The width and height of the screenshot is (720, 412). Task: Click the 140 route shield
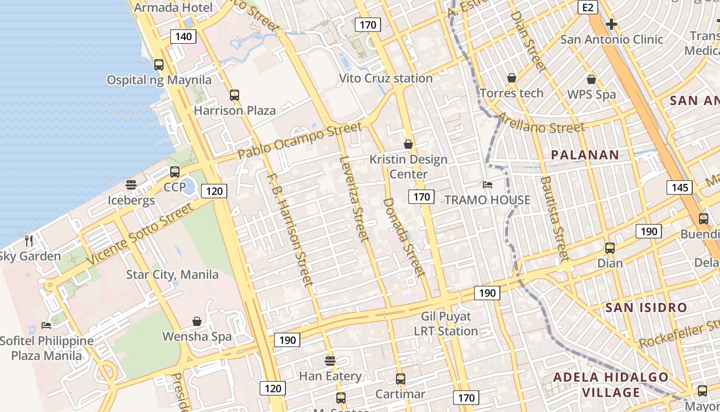pyautogui.click(x=183, y=36)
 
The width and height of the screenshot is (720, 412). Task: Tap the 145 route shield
pyautogui.click(x=679, y=187)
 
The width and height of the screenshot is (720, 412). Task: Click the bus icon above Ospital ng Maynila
pyautogui.click(x=159, y=65)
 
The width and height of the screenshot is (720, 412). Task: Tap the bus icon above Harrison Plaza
pyautogui.click(x=235, y=95)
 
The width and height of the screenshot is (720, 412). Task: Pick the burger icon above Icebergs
pyautogui.click(x=131, y=185)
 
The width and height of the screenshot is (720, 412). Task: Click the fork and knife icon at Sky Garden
pyautogui.click(x=29, y=241)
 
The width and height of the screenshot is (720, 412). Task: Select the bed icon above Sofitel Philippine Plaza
pyautogui.click(x=46, y=325)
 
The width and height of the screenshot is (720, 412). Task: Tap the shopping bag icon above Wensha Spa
pyautogui.click(x=197, y=321)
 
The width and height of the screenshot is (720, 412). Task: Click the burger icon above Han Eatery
pyautogui.click(x=330, y=360)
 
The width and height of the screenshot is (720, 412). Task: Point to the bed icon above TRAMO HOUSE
pyautogui.click(x=488, y=184)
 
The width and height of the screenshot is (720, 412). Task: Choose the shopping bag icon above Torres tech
pyautogui.click(x=512, y=78)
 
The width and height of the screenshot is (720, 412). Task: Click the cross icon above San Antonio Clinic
pyautogui.click(x=611, y=24)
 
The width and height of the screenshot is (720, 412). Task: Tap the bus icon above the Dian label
pyautogui.click(x=610, y=248)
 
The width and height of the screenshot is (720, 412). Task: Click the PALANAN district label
pyautogui.click(x=585, y=154)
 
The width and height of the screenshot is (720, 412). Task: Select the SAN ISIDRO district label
pyautogui.click(x=646, y=307)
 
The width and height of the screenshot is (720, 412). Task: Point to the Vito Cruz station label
pyautogui.click(x=386, y=78)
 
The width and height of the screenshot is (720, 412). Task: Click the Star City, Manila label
pyautogui.click(x=172, y=274)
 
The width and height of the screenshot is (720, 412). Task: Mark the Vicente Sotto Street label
pyautogui.click(x=140, y=234)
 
